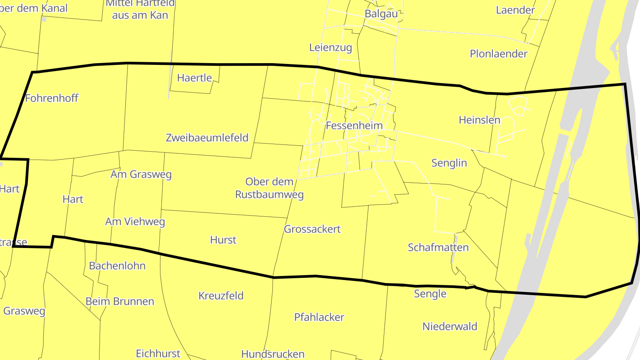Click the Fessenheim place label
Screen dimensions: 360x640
tap(354, 125)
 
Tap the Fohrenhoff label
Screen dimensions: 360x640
tap(52, 98)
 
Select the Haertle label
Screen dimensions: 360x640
tap(194, 78)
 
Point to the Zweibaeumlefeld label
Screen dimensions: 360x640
tap(207, 137)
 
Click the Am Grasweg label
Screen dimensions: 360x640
tap(141, 174)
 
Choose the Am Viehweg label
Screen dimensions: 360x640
tap(135, 221)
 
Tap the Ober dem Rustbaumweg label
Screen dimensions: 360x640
tap(269, 188)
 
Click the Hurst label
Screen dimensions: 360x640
tap(223, 240)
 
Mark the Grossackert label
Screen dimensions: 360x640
tap(312, 229)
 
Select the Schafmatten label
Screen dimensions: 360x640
tap(438, 248)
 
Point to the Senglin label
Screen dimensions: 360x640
tap(449, 163)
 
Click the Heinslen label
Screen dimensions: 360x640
tap(479, 120)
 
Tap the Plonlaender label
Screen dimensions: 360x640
tap(499, 54)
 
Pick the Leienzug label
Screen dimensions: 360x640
tap(330, 48)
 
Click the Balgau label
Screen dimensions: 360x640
tap(381, 13)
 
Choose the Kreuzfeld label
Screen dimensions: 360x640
tap(221, 296)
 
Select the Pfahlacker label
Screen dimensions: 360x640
tap(319, 317)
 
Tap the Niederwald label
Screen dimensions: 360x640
tap(450, 326)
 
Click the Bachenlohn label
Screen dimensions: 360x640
tap(117, 266)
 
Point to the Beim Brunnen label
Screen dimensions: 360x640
tap(120, 301)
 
